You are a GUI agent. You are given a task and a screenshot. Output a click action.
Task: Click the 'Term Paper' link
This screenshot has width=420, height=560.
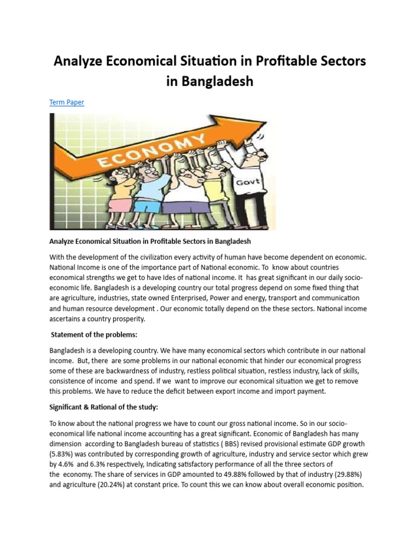point(67,102)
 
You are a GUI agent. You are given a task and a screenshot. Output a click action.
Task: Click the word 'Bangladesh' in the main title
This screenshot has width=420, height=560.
point(209,81)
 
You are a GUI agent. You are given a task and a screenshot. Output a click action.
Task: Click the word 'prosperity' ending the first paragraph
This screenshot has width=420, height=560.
point(126,319)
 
